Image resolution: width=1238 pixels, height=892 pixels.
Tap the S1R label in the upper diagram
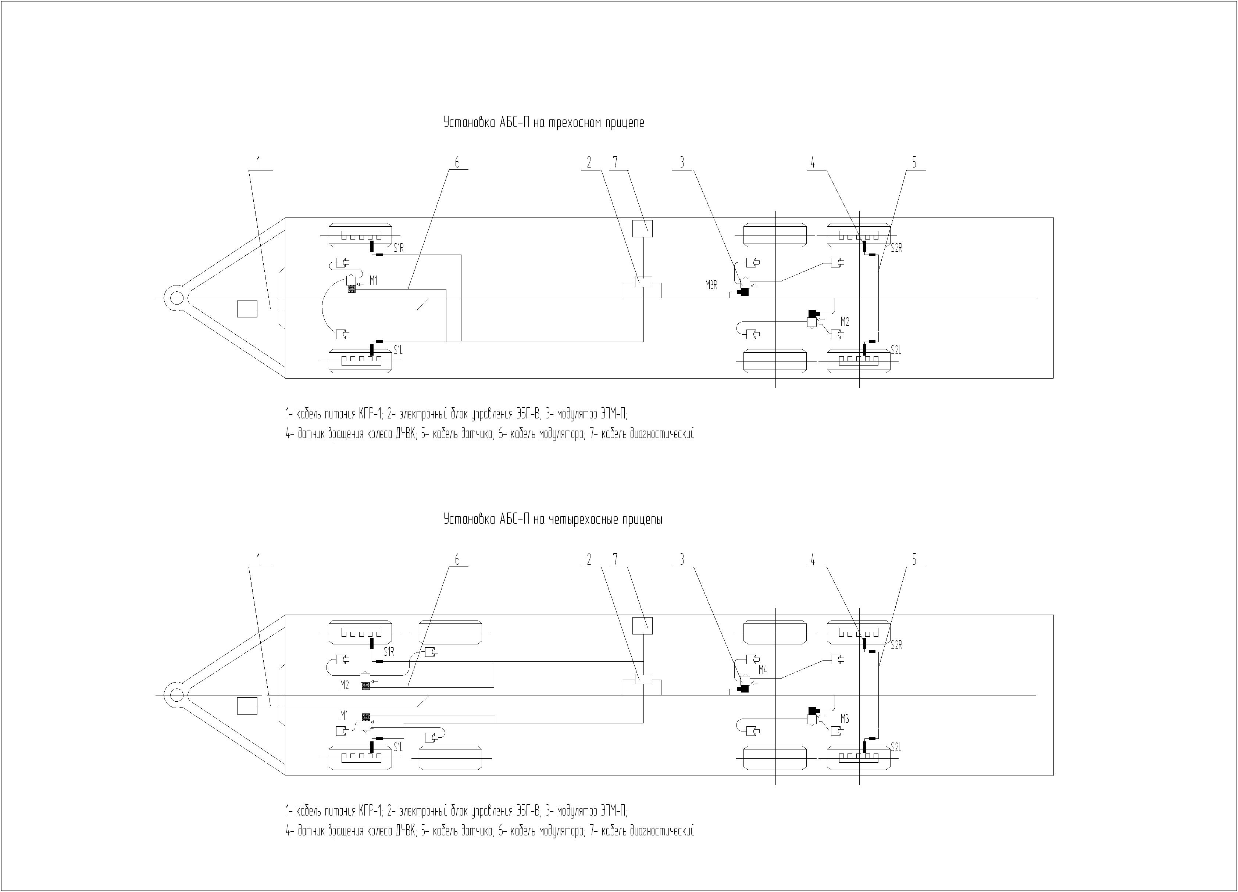tap(399, 249)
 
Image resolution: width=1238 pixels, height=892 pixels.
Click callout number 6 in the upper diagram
tap(457, 163)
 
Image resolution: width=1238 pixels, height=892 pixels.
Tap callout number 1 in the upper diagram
tap(259, 163)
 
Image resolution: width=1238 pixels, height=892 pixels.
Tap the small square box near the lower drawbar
tap(247, 706)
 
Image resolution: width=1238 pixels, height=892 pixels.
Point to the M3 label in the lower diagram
tap(845, 719)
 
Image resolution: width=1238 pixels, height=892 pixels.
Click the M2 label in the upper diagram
tap(845, 322)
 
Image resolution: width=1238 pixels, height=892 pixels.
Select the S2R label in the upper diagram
tap(896, 249)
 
